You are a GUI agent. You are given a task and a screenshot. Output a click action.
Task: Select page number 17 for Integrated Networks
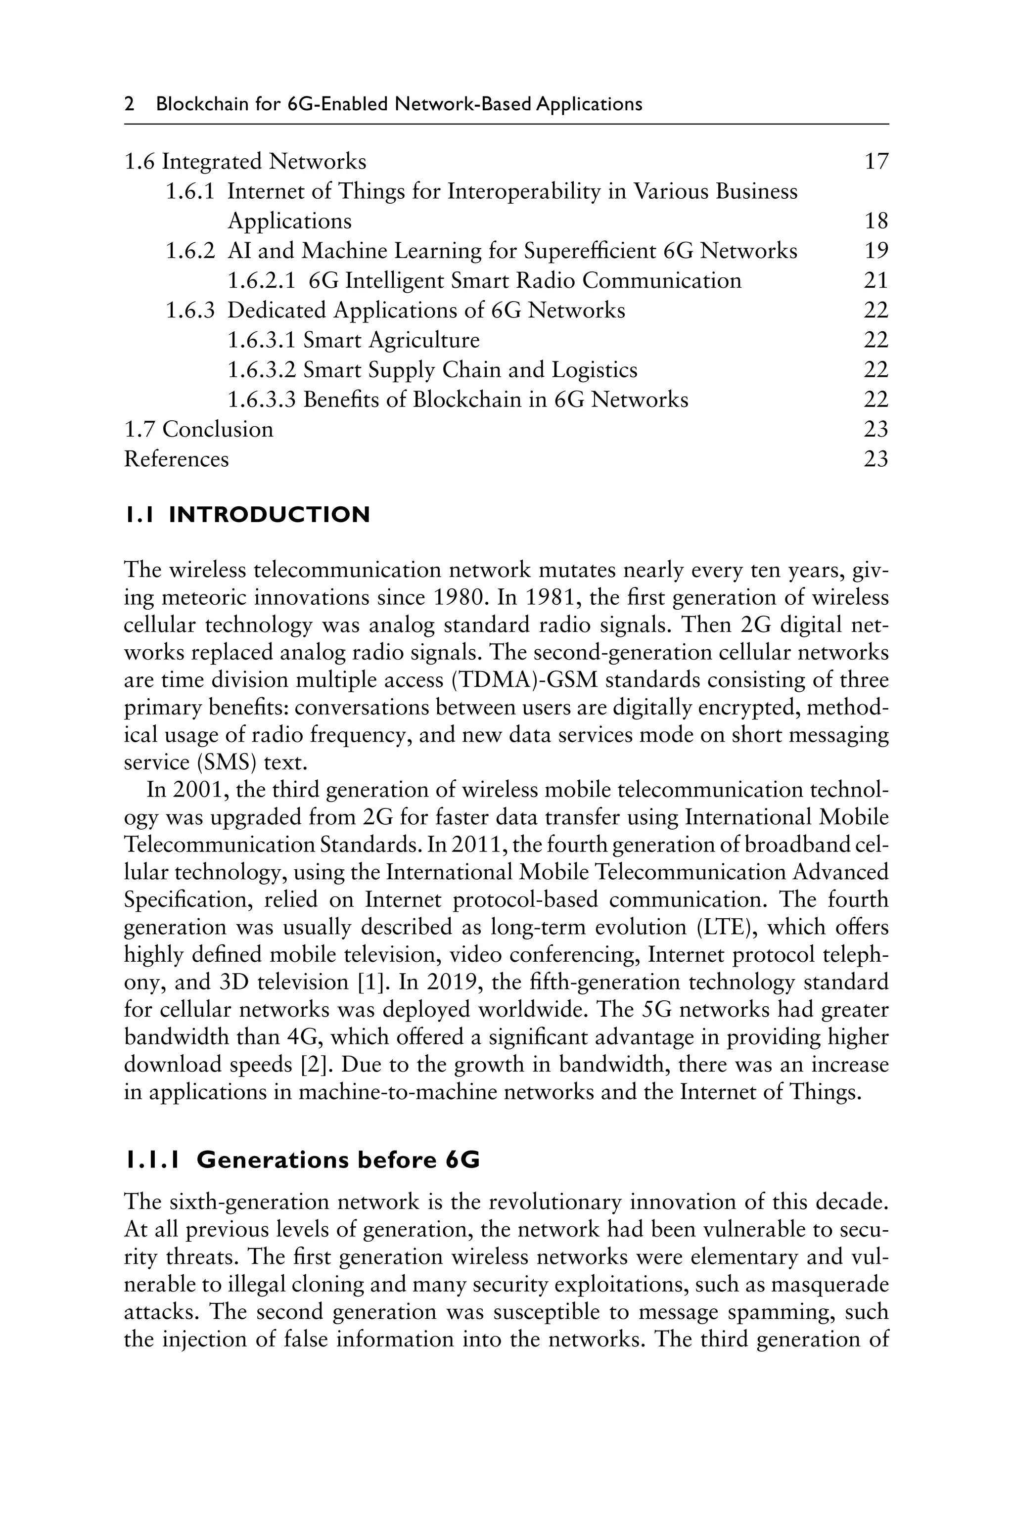point(876,162)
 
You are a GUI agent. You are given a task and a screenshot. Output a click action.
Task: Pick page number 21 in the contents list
point(876,281)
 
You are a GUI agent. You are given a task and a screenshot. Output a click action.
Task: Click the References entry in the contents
point(177,459)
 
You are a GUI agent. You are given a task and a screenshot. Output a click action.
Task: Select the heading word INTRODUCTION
point(270,515)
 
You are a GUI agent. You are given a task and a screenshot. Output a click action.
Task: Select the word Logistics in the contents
point(595,370)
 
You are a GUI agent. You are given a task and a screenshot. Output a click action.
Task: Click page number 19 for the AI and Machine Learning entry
point(876,251)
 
